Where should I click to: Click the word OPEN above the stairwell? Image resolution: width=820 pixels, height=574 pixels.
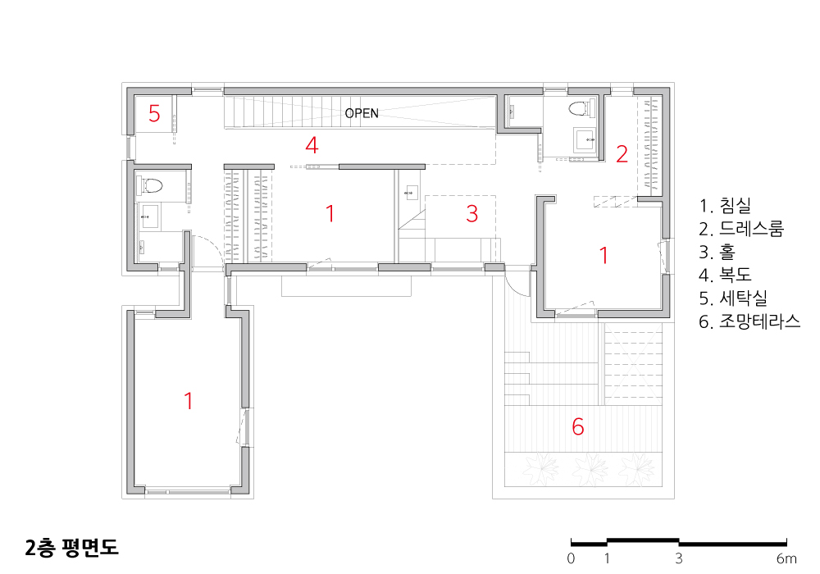point(362,113)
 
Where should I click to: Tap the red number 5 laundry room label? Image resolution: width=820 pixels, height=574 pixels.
point(154,113)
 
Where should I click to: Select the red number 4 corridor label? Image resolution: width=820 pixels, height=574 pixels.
point(312,145)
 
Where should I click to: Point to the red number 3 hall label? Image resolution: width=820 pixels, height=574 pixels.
point(471,214)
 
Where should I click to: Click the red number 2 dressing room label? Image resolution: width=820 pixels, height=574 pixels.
point(622,154)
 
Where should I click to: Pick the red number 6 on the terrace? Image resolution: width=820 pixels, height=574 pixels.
point(577,426)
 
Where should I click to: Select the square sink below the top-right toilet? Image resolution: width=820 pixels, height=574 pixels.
point(585,139)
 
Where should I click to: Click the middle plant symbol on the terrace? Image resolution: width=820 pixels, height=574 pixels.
point(591,468)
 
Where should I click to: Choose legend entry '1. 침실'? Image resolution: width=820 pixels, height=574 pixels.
point(725,206)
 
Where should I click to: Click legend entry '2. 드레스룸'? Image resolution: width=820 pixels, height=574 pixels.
point(741,229)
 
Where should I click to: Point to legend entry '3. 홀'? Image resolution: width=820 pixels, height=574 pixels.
point(717,252)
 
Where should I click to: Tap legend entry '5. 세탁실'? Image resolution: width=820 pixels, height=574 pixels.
point(732,298)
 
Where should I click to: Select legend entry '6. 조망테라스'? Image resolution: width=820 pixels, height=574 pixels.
point(749,321)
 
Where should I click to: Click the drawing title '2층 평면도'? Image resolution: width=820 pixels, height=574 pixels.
point(71,547)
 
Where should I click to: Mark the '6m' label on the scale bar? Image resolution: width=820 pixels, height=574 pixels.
point(786,559)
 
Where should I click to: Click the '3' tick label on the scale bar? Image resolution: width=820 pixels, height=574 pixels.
point(678,559)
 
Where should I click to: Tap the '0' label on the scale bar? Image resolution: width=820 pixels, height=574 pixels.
point(571,559)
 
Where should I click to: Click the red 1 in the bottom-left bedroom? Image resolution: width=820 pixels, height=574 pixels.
point(189,401)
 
